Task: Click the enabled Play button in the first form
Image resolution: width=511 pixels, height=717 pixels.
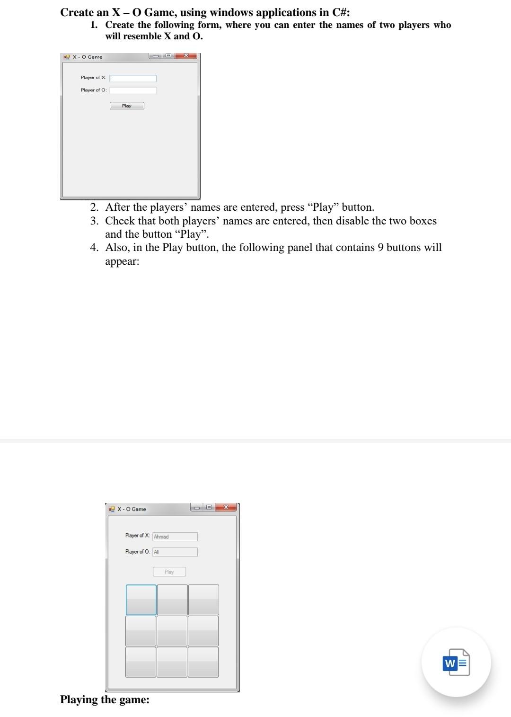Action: pyautogui.click(x=127, y=106)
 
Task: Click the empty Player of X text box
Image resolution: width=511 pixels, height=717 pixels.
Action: pyautogui.click(x=133, y=78)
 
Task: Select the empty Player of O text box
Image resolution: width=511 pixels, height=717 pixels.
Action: pyautogui.click(x=133, y=90)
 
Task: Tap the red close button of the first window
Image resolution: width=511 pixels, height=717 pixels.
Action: pyautogui.click(x=186, y=56)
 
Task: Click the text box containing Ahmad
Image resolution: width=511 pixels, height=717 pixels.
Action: pyautogui.click(x=175, y=537)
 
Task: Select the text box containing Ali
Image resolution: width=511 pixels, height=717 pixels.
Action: pyautogui.click(x=175, y=552)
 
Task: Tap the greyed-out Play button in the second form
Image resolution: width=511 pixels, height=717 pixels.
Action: pyautogui.click(x=169, y=572)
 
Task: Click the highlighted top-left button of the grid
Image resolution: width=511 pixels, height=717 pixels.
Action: pyautogui.click(x=141, y=600)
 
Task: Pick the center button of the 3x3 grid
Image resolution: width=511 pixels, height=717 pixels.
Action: pyautogui.click(x=172, y=631)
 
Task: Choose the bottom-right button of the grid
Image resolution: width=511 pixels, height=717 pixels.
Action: pyautogui.click(x=203, y=662)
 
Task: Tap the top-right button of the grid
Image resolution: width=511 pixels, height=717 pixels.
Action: pyautogui.click(x=203, y=600)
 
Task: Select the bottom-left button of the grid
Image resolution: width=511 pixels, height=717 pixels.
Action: pyautogui.click(x=141, y=662)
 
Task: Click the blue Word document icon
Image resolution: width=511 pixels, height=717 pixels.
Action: pyautogui.click(x=456, y=663)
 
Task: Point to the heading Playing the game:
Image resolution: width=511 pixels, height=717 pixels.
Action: pyautogui.click(x=105, y=699)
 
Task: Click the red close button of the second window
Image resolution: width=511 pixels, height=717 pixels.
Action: pyautogui.click(x=226, y=507)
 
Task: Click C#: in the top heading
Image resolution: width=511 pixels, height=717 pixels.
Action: pyautogui.click(x=339, y=12)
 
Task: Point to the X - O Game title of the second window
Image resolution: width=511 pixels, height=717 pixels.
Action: pyautogui.click(x=132, y=509)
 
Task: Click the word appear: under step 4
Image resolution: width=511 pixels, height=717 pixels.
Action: pyautogui.click(x=122, y=261)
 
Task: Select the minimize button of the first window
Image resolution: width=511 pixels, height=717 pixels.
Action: pyautogui.click(x=155, y=56)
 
